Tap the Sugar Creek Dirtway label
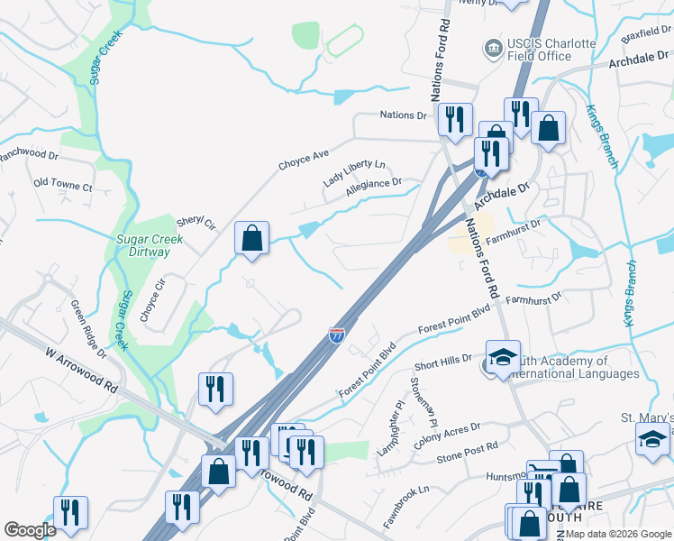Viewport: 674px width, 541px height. (150, 245)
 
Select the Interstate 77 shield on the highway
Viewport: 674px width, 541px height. (337, 335)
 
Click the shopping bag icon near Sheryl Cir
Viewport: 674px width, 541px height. (252, 239)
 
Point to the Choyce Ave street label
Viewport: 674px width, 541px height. (304, 160)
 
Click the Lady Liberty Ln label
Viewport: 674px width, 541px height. (354, 173)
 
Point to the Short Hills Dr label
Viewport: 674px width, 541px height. (443, 362)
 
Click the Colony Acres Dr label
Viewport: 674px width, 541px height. (447, 431)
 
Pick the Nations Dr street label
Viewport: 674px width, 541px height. (403, 115)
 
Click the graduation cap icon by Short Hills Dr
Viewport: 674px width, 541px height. (503, 354)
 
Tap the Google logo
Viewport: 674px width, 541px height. (30, 530)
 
